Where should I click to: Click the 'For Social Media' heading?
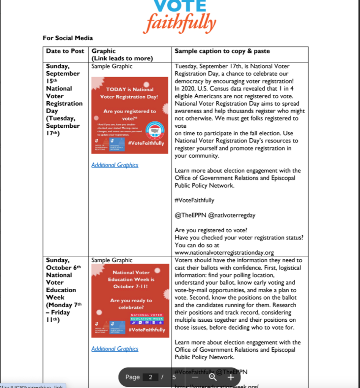(x=68, y=38)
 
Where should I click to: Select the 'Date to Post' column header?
(x=65, y=51)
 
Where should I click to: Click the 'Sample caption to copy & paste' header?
(x=222, y=51)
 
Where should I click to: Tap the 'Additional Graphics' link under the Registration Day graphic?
(x=115, y=165)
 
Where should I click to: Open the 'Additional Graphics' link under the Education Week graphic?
(x=115, y=349)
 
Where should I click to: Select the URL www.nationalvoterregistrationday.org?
(x=224, y=252)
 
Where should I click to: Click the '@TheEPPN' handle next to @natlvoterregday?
(x=190, y=215)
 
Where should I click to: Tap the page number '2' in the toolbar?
(x=151, y=377)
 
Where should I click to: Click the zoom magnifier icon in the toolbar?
(x=213, y=377)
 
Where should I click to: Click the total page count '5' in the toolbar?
(x=174, y=377)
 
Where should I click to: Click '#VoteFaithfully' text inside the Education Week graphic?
(x=146, y=330)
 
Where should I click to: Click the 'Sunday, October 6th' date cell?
(x=63, y=264)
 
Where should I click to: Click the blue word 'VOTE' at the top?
(x=180, y=5)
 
